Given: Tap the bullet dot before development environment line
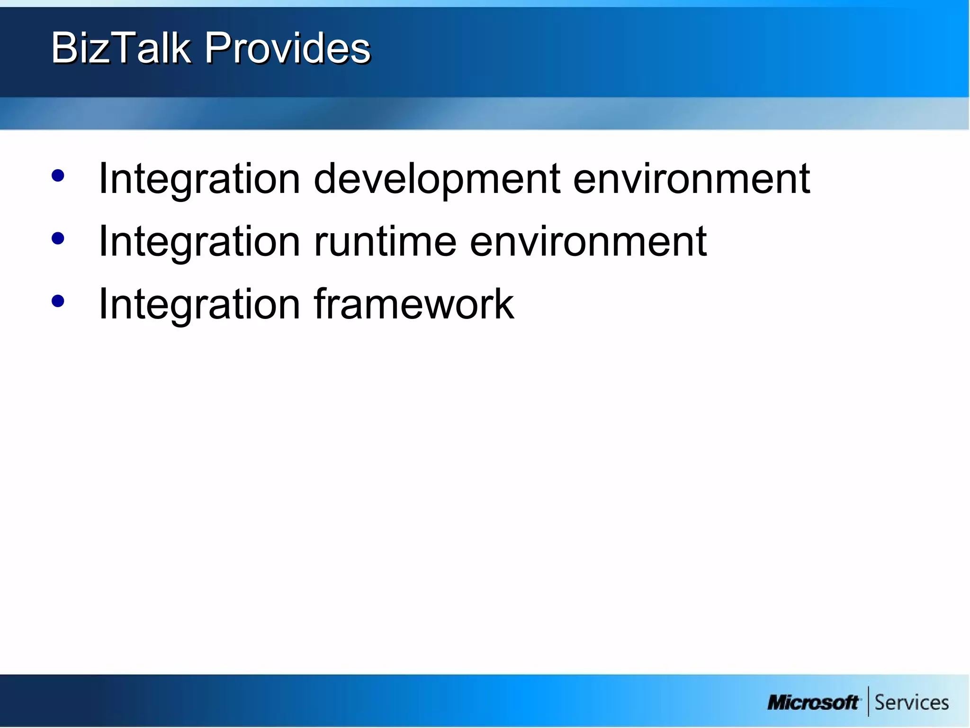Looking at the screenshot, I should coord(58,176).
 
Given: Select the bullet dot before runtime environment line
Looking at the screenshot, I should coord(58,238).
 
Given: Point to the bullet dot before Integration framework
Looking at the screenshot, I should coord(58,301).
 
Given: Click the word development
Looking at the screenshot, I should coord(437,179).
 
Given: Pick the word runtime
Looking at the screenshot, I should coord(385,242).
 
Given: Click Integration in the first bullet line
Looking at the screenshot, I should coord(199,179).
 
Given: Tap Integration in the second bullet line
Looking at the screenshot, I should coord(199,242).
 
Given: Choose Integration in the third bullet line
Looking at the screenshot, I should coord(199,304).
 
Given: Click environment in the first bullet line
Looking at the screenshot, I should coord(692,179).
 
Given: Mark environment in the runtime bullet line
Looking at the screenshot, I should coord(588,242).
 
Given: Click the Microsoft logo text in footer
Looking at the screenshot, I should coord(813,702).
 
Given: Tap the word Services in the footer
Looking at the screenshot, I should coord(911,702).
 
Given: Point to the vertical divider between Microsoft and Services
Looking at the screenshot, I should coord(868,701).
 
